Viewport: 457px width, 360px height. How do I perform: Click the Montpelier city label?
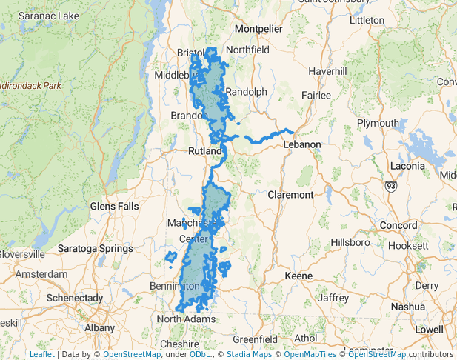258,29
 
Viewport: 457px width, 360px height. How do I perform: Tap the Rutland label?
204,151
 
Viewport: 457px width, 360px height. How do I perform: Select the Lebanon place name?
302,144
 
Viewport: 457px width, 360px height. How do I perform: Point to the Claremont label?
290,195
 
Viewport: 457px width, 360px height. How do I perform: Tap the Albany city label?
100,327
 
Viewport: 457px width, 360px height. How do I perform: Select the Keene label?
298,276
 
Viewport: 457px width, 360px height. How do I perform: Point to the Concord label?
399,225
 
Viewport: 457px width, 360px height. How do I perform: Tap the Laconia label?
407,166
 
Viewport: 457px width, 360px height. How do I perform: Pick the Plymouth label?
378,123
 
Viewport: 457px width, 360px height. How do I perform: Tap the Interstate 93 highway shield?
391,186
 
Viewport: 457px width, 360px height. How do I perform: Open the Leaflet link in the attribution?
41,354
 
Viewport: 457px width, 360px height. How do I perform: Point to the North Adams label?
186,319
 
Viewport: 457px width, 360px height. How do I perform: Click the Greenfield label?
255,339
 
